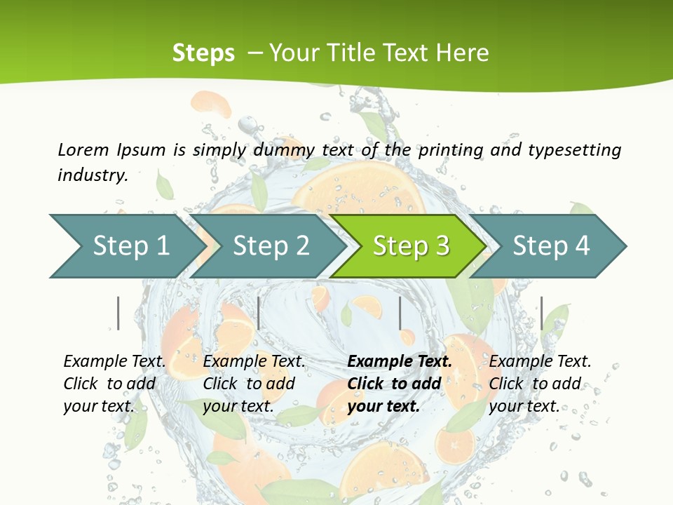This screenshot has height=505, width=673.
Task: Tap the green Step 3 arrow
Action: pos(411,246)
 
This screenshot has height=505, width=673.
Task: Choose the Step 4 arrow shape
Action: pos(551,246)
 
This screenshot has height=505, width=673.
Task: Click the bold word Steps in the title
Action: pos(203,53)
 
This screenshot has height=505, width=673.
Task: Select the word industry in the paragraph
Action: pos(92,175)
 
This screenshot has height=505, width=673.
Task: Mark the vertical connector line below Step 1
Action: pos(118,313)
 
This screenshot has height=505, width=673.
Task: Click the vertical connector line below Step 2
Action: pos(259,313)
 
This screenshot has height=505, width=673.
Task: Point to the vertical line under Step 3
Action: pos(400,313)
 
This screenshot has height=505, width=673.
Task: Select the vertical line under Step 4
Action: pos(541,313)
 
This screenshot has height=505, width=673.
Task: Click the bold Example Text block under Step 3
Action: pos(400,384)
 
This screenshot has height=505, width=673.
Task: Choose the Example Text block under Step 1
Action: pos(114,384)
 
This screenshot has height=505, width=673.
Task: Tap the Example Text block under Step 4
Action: pos(540,384)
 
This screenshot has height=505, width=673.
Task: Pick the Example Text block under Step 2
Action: pos(254,384)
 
